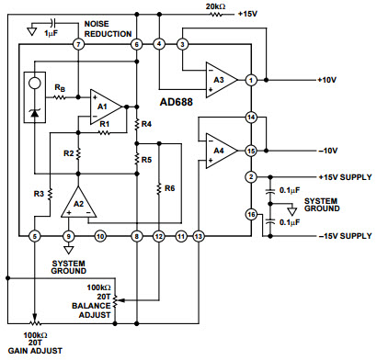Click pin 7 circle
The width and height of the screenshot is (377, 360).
[78, 44]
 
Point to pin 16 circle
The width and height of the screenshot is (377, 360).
[250, 214]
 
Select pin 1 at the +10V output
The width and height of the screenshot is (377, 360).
[250, 80]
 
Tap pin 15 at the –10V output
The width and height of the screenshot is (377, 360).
[250, 151]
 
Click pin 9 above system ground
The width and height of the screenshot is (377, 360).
[68, 236]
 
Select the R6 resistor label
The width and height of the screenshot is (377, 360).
[170, 188]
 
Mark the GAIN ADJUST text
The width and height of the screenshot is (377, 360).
[34, 352]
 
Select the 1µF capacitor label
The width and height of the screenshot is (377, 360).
[53, 32]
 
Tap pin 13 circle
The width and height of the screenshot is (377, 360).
[199, 236]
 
